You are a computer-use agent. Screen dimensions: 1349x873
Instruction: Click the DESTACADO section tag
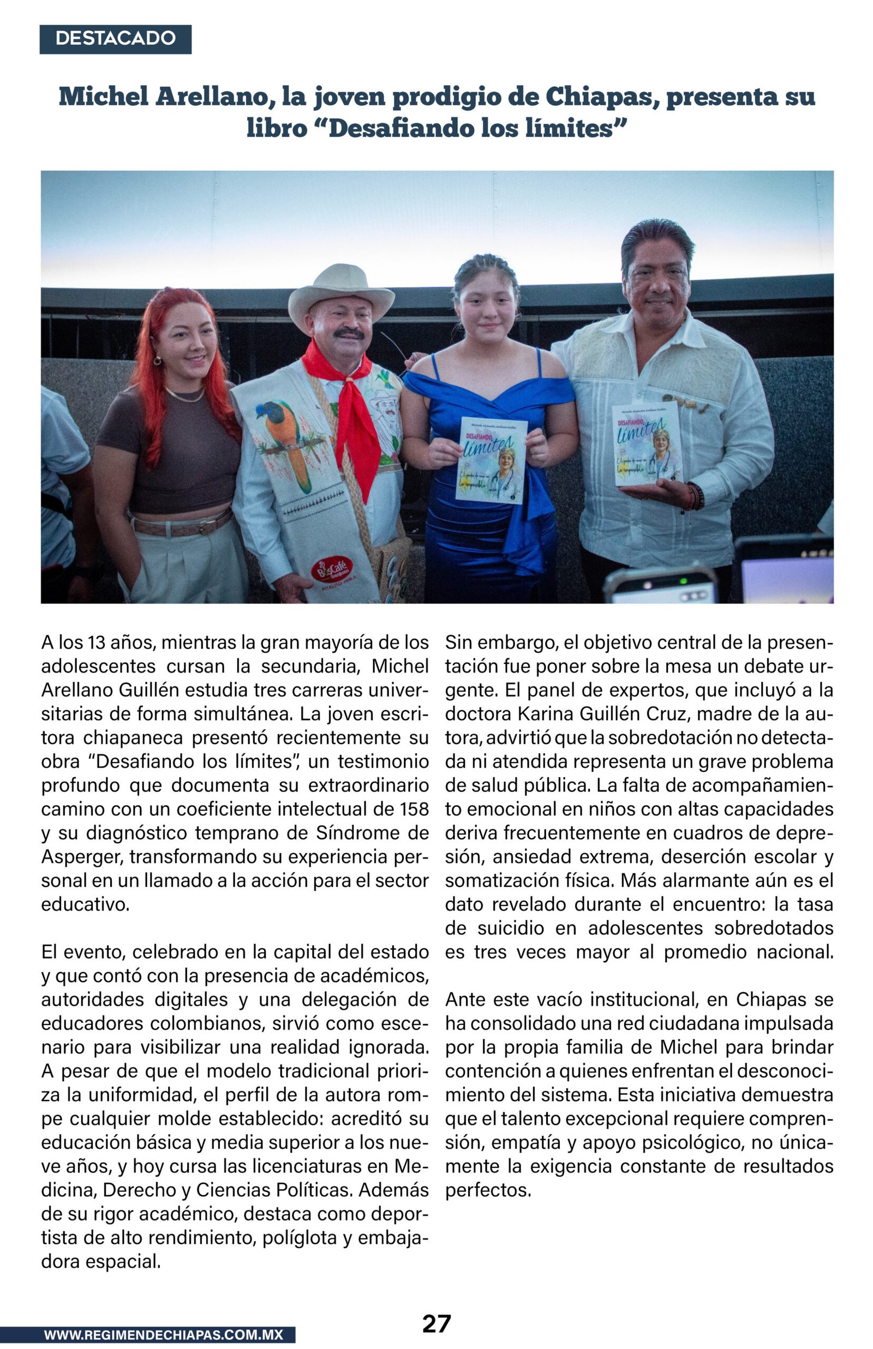(x=115, y=39)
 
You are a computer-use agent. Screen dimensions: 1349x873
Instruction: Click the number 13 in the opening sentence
(x=97, y=643)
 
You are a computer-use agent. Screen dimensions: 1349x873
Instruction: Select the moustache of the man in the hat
(x=349, y=333)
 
